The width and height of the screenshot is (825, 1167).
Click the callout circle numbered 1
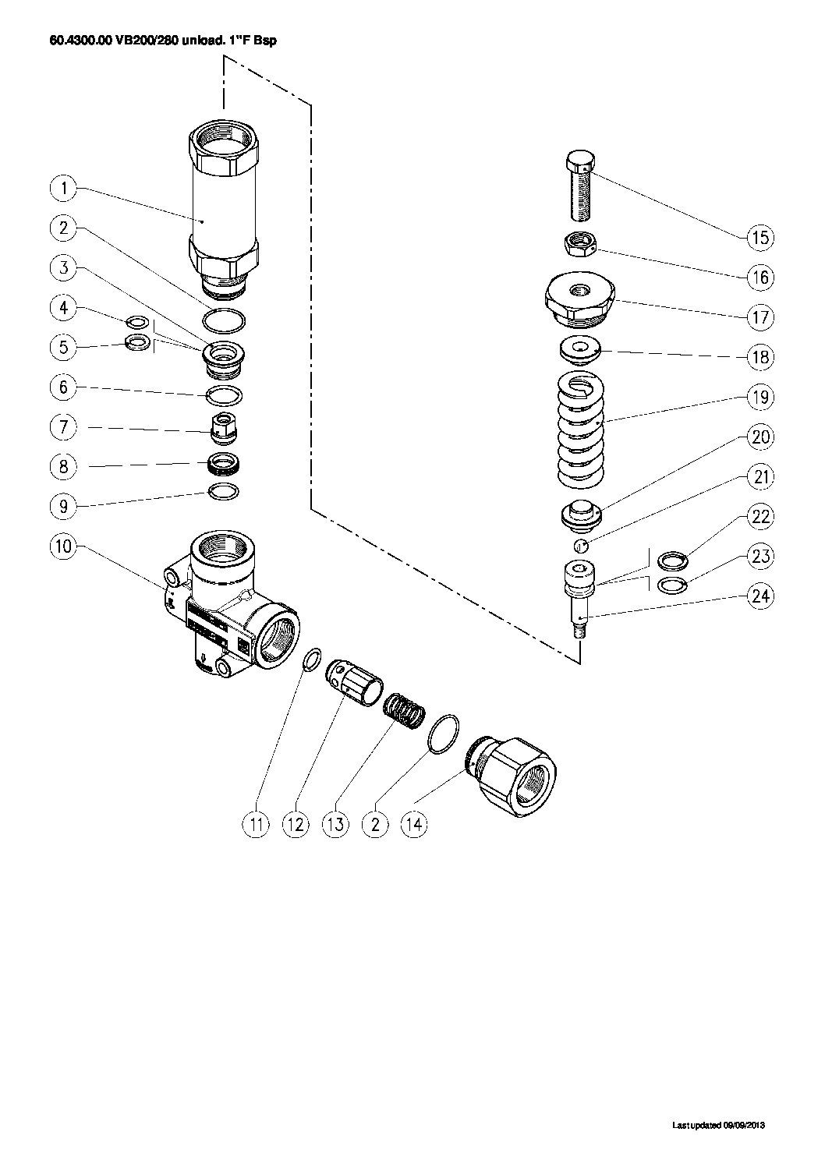65,188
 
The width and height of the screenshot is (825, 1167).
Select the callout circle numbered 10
65,546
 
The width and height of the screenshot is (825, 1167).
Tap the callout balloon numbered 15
759,237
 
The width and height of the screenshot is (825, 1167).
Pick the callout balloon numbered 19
759,397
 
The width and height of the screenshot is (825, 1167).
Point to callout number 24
759,596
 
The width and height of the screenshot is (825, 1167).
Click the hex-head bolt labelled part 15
580,188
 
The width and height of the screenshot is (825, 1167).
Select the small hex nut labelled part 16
579,246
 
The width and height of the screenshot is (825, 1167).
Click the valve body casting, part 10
226,608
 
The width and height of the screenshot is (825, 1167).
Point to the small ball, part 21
581,544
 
